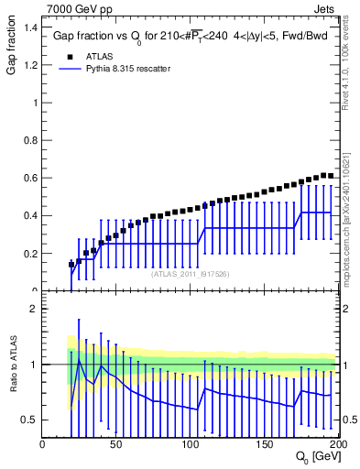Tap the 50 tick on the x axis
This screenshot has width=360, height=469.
coord(116,442)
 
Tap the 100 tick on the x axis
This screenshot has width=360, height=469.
coord(191,442)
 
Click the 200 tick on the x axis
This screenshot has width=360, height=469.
coord(337,442)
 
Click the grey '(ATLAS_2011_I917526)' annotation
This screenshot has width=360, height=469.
coord(190,273)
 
